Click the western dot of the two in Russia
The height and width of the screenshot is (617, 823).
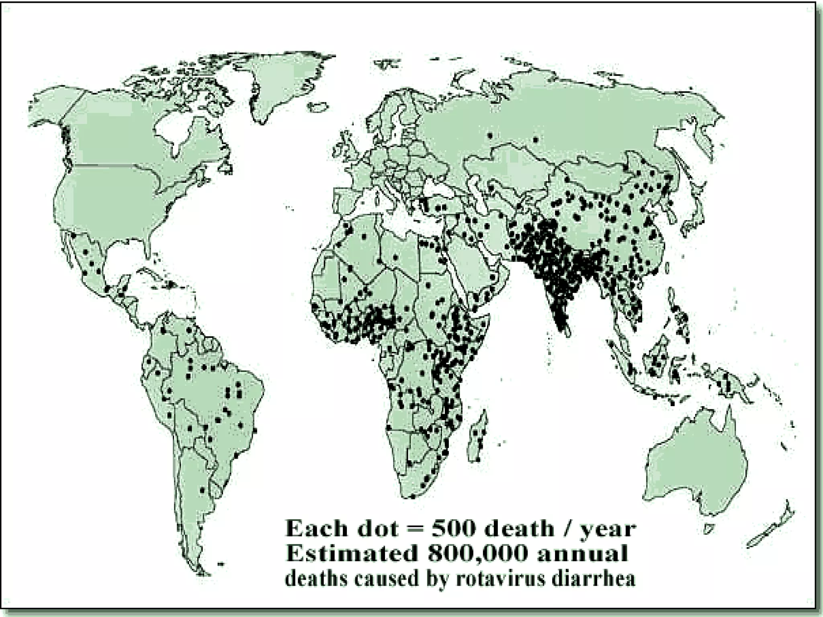(489, 135)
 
